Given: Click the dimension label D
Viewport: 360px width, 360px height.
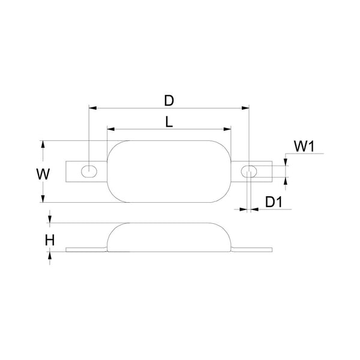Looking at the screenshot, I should point(169,97).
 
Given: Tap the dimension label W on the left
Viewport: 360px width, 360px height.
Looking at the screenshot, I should point(42,174).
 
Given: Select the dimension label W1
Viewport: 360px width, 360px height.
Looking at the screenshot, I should point(304,146).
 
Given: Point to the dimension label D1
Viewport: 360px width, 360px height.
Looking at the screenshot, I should point(273,201).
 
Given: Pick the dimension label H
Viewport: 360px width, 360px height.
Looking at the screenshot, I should point(50,240).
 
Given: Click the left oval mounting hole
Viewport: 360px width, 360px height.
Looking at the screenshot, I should point(89,170).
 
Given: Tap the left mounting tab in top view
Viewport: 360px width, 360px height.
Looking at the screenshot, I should point(75,170).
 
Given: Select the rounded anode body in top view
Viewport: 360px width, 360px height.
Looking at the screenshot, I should point(169,172).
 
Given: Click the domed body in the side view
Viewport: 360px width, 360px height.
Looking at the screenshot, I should point(169,236).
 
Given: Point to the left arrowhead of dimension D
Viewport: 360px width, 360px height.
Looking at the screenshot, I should point(92,108).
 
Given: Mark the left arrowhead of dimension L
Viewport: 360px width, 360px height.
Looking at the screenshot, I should point(110,129).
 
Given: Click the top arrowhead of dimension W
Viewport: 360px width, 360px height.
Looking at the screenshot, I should point(43,144).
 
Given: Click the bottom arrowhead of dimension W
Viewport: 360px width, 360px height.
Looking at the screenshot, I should point(43,200).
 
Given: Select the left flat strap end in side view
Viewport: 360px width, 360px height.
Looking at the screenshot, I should point(84,250).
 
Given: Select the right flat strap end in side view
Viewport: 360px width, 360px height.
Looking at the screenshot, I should point(255,250).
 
